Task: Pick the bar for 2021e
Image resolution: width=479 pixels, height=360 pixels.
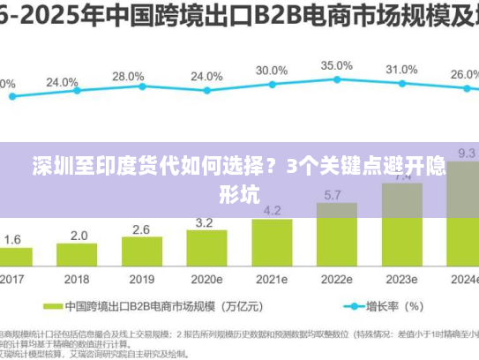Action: [x=272, y=244]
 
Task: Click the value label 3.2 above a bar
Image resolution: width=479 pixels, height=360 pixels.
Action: [x=205, y=222]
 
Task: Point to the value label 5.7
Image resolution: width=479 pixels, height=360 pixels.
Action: [x=334, y=194]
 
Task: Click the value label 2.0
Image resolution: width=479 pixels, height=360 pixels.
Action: [x=79, y=236]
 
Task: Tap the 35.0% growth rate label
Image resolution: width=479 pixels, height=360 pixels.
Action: [x=336, y=65]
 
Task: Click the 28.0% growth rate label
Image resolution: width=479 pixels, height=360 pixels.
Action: [x=128, y=77]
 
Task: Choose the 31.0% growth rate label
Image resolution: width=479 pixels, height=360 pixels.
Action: [x=401, y=69]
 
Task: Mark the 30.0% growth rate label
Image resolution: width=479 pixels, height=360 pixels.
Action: [x=272, y=70]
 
